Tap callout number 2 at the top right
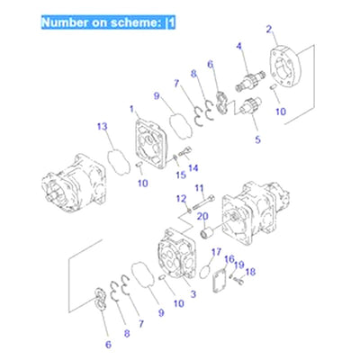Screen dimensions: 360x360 point(269,30)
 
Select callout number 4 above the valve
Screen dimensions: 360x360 point(239,46)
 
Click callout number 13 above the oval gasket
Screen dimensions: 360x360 point(102,126)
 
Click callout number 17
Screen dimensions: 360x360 point(216,251)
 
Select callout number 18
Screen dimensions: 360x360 point(251,271)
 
